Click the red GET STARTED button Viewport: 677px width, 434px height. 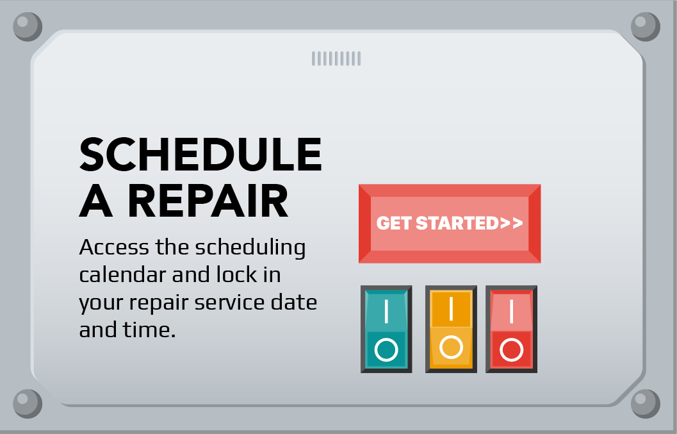[x=450, y=223]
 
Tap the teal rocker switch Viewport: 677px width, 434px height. [x=386, y=329]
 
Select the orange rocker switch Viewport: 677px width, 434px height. [x=451, y=329]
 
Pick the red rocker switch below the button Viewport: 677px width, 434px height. [x=511, y=329]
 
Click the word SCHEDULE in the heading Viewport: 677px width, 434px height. [x=200, y=154]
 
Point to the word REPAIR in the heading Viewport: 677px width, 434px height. [x=209, y=201]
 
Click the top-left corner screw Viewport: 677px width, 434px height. [x=28, y=27]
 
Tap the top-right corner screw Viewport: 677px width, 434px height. [x=645, y=27]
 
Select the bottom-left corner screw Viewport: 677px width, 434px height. [x=28, y=404]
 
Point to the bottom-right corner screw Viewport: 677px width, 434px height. [x=645, y=404]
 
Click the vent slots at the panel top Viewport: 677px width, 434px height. [x=336, y=59]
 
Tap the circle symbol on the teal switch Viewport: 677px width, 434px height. [x=386, y=350]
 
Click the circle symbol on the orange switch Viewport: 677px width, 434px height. [x=451, y=347]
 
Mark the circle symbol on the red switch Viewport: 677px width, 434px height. [x=511, y=350]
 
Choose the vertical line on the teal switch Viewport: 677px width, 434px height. [x=386, y=312]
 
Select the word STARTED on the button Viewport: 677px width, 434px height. [x=457, y=223]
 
